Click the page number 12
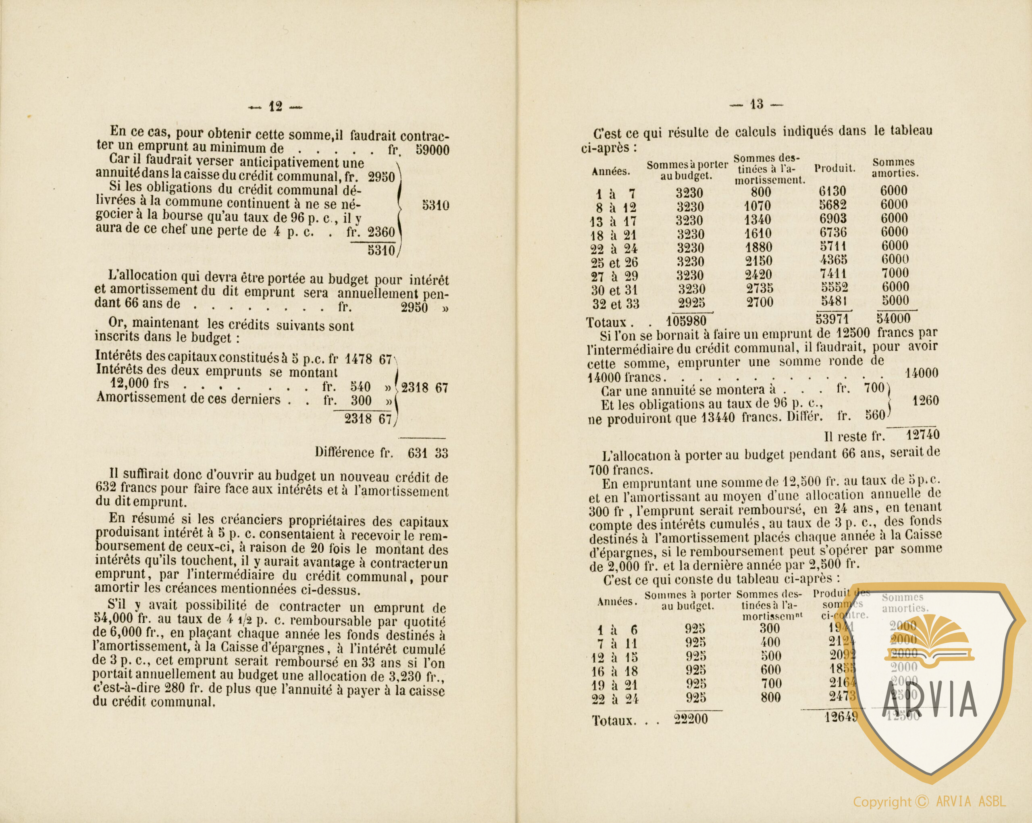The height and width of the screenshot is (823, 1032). tap(276, 107)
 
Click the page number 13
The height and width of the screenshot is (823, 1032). tap(756, 104)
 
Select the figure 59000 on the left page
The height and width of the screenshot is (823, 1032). tap(432, 150)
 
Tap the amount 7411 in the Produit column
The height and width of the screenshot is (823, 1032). tap(832, 274)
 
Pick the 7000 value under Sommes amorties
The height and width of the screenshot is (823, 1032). tap(895, 273)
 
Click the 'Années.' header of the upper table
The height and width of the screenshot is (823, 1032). tap(611, 171)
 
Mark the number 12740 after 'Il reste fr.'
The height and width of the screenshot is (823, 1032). tap(922, 435)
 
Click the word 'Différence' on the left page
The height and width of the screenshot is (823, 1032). tap(345, 452)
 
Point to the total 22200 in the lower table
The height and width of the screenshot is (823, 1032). tap(691, 719)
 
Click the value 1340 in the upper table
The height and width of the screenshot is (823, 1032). tap(758, 220)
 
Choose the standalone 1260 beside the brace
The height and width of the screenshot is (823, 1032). tap(925, 401)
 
